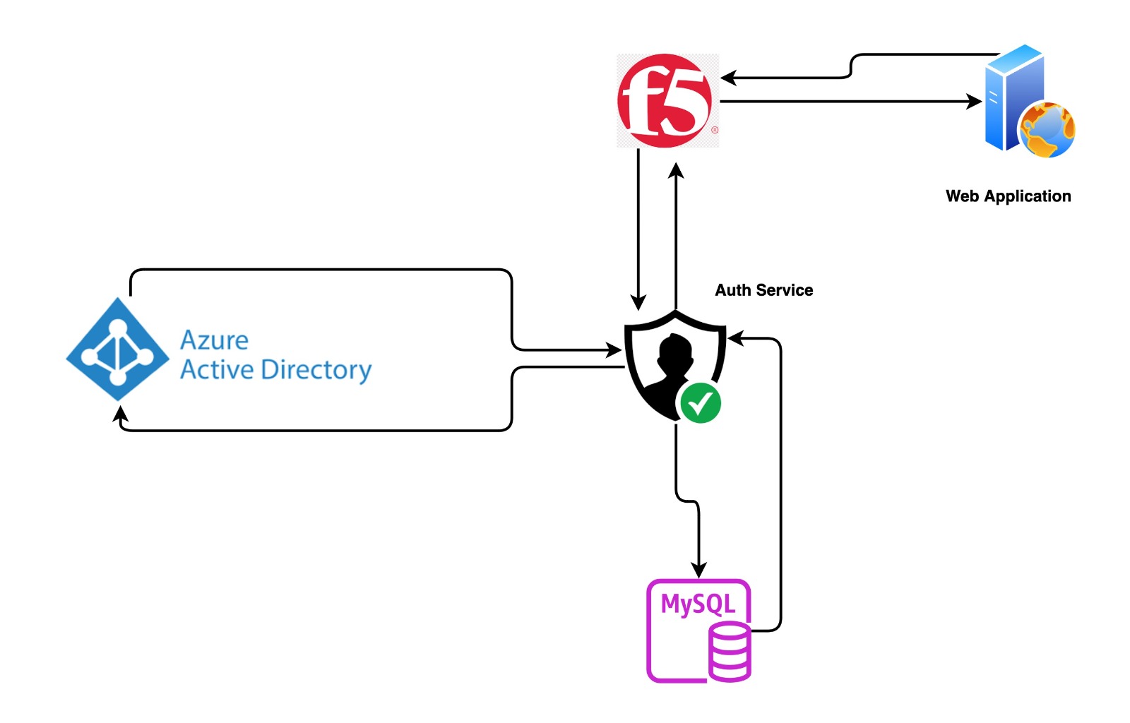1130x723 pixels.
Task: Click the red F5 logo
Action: click(665, 100)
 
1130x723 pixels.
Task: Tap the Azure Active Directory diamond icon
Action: click(117, 349)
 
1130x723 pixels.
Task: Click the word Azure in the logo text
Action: click(214, 340)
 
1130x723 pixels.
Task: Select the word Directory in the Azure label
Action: click(316, 370)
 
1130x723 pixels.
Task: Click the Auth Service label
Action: click(763, 290)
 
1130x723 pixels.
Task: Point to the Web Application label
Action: click(1008, 196)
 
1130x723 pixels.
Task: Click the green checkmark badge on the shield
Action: click(700, 403)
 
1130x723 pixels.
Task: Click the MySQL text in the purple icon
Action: click(698, 604)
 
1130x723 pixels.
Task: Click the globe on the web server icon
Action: click(1047, 129)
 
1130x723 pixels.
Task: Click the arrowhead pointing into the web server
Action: click(975, 102)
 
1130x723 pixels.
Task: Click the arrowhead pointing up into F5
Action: click(676, 170)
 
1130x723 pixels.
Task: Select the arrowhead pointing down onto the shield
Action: click(638, 302)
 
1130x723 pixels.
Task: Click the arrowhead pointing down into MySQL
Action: click(698, 570)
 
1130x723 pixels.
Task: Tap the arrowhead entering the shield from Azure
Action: click(614, 349)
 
